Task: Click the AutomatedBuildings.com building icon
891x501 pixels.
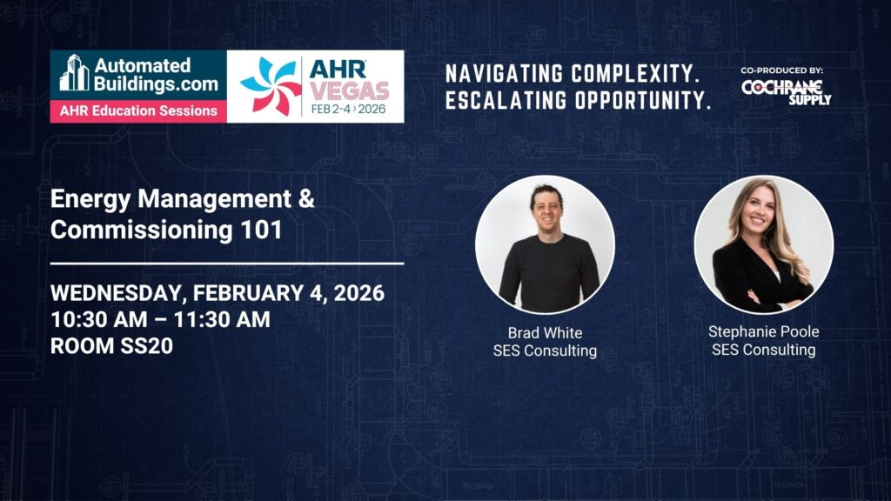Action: pos(75,72)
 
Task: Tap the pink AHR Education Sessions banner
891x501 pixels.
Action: pos(138,110)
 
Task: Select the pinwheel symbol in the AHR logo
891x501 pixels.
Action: pos(271,86)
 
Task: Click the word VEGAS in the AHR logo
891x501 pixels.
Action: pos(350,90)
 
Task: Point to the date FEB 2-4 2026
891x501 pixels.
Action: pos(348,109)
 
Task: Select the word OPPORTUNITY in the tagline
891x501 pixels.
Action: pos(642,101)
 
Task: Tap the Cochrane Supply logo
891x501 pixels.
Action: pos(787,91)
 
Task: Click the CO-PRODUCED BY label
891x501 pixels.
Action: pos(782,70)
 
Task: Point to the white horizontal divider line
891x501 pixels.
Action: pos(227,264)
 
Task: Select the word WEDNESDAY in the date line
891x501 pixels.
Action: pos(116,294)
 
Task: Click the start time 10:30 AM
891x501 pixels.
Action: pos(99,319)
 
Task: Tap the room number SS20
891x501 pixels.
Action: pos(146,346)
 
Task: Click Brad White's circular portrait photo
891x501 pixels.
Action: pos(545,244)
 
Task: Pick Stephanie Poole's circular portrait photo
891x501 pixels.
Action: pos(764,244)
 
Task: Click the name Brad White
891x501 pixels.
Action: pos(545,333)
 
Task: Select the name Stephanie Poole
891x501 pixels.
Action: pos(764,331)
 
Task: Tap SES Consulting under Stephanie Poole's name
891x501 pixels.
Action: pos(764,350)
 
